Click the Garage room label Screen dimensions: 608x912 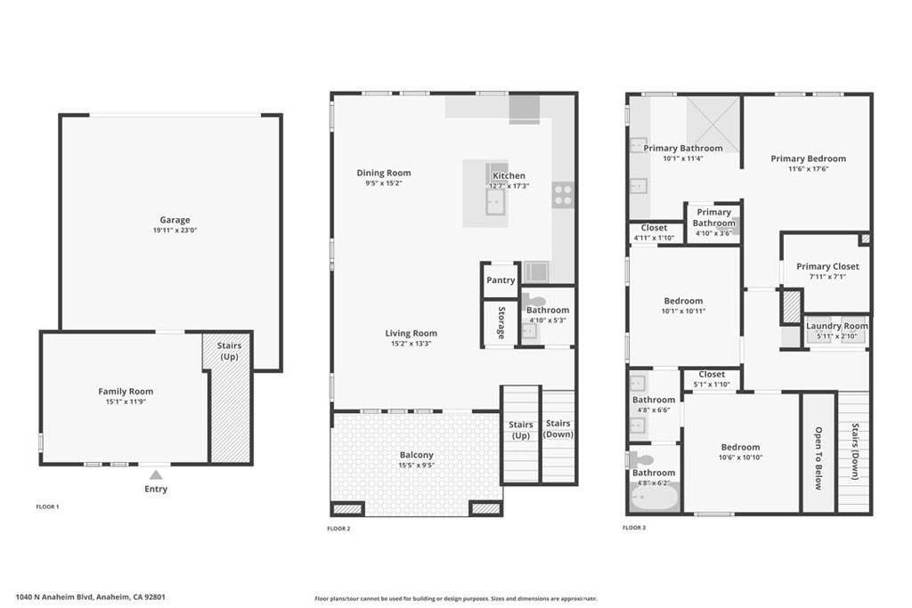[175, 220]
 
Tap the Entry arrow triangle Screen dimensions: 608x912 [156, 474]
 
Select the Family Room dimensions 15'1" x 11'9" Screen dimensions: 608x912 [126, 402]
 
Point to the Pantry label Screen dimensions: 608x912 [501, 280]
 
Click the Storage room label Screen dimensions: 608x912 [501, 323]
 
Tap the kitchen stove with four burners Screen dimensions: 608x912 [562, 195]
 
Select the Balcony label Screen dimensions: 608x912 [416, 455]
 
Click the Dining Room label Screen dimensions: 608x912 [384, 173]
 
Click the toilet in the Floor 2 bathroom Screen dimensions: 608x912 [533, 301]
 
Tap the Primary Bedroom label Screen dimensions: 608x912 [808, 158]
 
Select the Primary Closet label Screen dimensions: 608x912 [827, 266]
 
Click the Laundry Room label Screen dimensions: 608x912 [836, 326]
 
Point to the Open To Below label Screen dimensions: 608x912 [818, 458]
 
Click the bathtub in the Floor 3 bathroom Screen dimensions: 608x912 [654, 496]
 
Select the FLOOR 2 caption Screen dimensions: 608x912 [339, 529]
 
